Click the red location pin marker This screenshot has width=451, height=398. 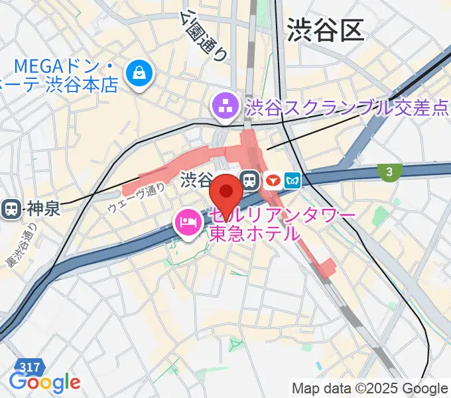coord(225,192)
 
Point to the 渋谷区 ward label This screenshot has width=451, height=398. coord(325,30)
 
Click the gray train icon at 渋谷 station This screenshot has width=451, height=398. coord(250,179)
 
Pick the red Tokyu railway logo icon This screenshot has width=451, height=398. coord(271,179)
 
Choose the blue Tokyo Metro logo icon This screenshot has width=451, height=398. coord(292,179)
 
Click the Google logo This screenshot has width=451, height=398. coord(44,383)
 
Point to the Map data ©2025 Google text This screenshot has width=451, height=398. coord(370,388)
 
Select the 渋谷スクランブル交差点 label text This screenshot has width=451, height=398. coord(346,106)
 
